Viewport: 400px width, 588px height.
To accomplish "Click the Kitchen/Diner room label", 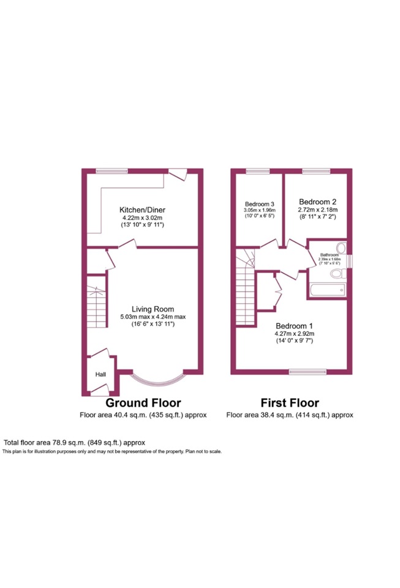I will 142,209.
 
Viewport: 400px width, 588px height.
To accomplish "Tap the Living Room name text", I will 153,309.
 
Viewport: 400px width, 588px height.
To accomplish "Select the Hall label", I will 99,374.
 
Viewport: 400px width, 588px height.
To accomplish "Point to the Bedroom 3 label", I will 259,204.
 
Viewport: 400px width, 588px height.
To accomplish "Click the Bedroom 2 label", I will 316,201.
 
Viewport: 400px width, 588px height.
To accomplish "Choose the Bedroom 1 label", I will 294,325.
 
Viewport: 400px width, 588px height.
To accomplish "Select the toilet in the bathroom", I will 338,274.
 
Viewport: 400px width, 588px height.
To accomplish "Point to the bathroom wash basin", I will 341,249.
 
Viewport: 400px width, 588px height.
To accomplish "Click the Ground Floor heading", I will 143,403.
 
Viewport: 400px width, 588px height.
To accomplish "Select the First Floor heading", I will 289,403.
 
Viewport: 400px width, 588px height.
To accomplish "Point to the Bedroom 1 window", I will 308,371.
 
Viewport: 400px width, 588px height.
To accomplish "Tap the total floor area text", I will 74,442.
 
